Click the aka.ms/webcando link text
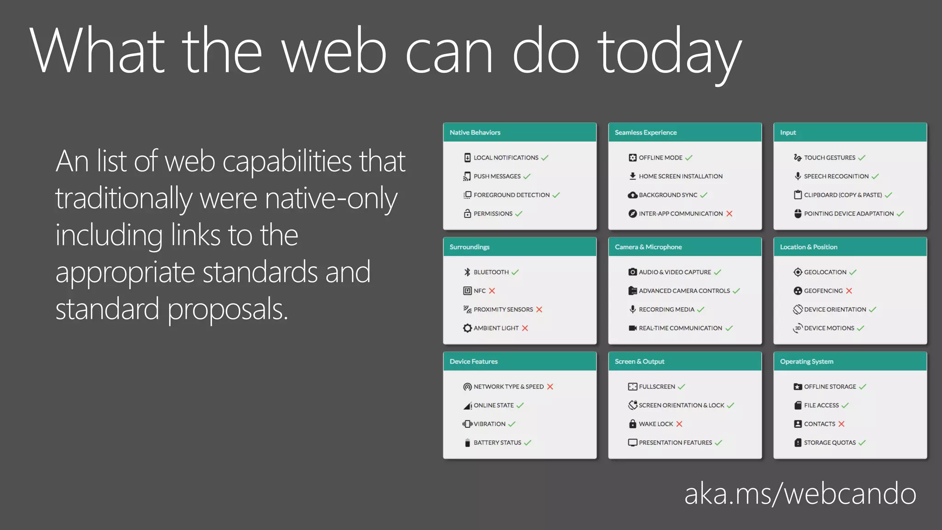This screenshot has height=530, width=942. [x=800, y=494]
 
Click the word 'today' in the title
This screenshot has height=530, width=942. [x=669, y=52]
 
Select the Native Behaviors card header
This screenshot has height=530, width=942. [x=520, y=132]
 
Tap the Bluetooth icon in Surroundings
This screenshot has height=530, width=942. [x=467, y=272]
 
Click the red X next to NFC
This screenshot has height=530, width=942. [x=492, y=291]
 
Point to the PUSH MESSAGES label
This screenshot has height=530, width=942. [x=497, y=176]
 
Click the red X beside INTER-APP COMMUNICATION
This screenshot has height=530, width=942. [x=729, y=213]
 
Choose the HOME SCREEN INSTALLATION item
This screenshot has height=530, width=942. [x=680, y=176]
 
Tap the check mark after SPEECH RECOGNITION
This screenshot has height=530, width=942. [x=875, y=176]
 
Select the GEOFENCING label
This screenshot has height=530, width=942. [x=823, y=291]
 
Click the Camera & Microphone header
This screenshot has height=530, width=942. [x=685, y=247]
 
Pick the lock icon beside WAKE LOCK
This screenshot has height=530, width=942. [x=633, y=424]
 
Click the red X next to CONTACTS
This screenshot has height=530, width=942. [x=841, y=424]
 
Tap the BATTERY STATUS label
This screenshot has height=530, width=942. [x=497, y=443]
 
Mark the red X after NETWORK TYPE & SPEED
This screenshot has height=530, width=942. [x=550, y=386]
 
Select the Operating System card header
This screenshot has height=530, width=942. [x=850, y=362]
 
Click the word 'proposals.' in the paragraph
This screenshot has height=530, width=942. [x=228, y=310]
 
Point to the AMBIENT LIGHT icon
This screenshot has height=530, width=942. [x=467, y=328]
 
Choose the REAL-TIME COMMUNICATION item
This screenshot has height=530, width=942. [x=680, y=328]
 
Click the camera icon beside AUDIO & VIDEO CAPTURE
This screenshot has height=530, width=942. [x=633, y=272]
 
